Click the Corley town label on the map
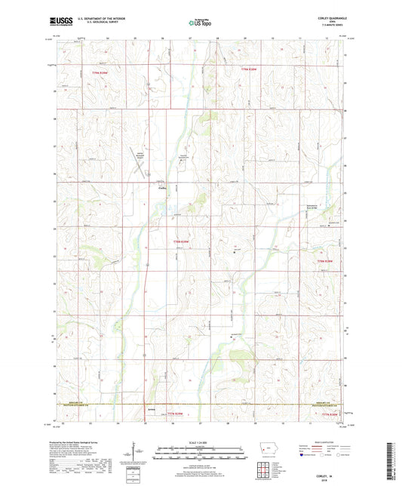[161, 189]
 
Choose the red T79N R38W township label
[250, 70]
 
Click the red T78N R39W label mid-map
[182, 241]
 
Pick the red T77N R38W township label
[330, 414]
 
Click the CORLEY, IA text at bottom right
[329, 469]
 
